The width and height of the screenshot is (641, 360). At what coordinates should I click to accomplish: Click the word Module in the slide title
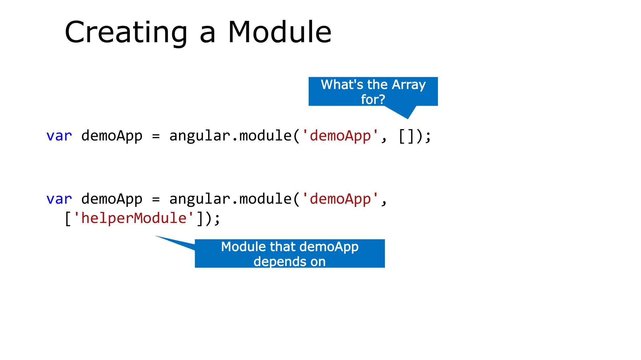pyautogui.click(x=279, y=32)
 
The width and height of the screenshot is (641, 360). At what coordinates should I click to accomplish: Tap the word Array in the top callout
pyautogui.click(x=409, y=85)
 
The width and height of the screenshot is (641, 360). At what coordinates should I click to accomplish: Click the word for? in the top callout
pyautogui.click(x=373, y=99)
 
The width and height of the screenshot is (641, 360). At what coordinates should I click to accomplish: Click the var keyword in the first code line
pyautogui.click(x=59, y=136)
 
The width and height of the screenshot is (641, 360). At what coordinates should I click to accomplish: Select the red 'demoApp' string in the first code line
pyautogui.click(x=340, y=136)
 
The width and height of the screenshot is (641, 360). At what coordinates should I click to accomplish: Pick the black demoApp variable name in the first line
pyautogui.click(x=112, y=136)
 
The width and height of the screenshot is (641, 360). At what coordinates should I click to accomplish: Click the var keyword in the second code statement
pyautogui.click(x=59, y=199)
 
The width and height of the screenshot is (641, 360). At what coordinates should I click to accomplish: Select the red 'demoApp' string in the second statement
pyautogui.click(x=340, y=199)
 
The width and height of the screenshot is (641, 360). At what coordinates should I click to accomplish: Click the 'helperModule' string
pyautogui.click(x=134, y=218)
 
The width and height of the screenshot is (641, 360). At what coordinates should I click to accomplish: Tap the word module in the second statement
pyautogui.click(x=265, y=199)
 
